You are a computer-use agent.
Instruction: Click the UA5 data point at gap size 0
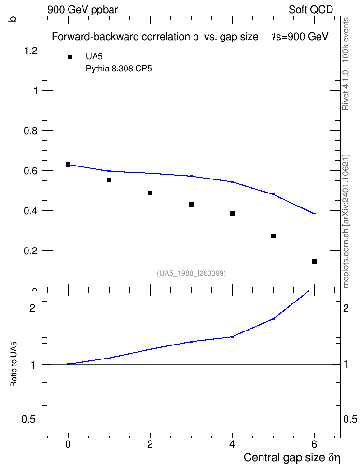pos(68,165)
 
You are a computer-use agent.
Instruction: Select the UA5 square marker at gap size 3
pos(191,204)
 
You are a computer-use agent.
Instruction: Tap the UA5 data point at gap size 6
pos(314,262)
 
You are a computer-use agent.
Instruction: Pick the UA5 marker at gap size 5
pos(273,236)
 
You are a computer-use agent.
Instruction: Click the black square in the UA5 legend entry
pos(70,57)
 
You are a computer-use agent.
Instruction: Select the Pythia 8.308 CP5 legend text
pos(119,69)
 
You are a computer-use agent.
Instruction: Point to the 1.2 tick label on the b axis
pos(31,51)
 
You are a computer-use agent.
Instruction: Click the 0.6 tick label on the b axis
pos(31,171)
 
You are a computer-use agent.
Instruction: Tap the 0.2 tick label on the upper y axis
pos(31,251)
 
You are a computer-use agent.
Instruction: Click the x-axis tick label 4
pos(232,444)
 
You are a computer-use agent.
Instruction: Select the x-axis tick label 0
pos(68,444)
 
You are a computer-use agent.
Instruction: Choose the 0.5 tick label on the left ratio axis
pos(28,420)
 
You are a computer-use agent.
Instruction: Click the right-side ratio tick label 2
pos(346,308)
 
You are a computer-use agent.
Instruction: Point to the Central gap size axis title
pos(292,457)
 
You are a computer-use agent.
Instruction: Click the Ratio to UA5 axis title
pos(14,364)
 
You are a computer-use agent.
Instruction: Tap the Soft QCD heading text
pos(311,10)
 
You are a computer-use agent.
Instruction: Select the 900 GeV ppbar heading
pos(83,10)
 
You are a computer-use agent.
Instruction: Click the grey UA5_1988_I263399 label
pos(191,273)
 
